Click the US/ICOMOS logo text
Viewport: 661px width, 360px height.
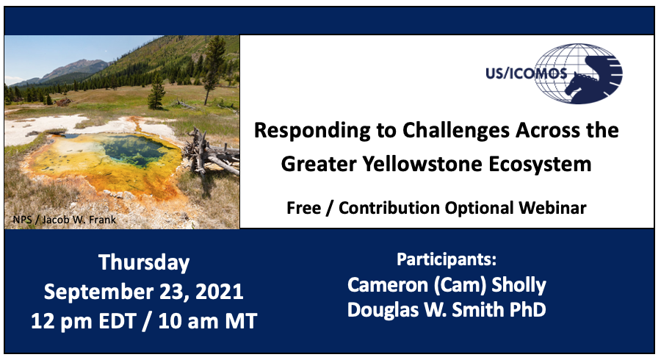click(526, 73)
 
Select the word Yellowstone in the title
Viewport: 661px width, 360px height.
click(422, 164)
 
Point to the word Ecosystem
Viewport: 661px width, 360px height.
click(540, 165)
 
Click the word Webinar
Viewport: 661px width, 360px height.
click(552, 208)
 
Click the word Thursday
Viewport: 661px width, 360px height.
click(144, 262)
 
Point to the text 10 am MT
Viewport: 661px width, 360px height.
click(207, 321)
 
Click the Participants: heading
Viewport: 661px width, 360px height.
click(447, 259)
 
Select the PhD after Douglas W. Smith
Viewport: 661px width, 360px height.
click(528, 309)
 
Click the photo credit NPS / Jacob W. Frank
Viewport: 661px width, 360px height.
click(65, 220)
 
